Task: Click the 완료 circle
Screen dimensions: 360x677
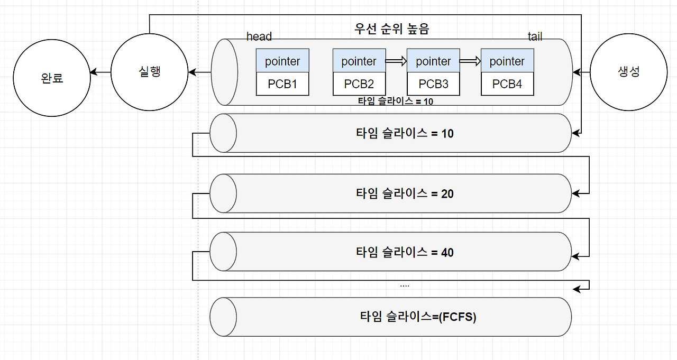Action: tap(52, 78)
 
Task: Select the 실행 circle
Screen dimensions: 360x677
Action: tap(149, 72)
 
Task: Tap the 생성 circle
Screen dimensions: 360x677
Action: tap(628, 72)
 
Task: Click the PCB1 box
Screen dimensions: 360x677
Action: tap(282, 84)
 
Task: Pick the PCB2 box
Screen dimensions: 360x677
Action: tap(359, 84)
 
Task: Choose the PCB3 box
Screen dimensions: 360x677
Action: tap(433, 84)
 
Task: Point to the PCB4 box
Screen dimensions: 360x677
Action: tap(507, 84)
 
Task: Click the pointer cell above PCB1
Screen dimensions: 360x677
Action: tap(282, 61)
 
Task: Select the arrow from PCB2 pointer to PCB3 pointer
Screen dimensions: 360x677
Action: tap(396, 61)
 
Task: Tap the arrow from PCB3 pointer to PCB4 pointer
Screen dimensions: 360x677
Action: tap(470, 61)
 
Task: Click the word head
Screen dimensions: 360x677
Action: tap(259, 36)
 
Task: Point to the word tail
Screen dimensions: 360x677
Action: tap(535, 36)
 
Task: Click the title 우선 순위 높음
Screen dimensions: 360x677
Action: tap(391, 29)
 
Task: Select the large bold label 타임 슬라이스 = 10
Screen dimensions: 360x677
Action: tap(405, 134)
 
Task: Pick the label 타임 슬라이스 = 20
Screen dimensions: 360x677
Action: tap(405, 193)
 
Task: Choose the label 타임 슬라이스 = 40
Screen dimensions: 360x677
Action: tap(405, 252)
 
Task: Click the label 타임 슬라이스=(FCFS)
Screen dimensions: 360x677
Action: tap(418, 317)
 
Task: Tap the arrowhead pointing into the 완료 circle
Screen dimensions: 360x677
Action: tap(94, 72)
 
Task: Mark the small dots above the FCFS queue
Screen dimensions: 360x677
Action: tap(405, 285)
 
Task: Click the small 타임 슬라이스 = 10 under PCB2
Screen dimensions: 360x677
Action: tap(395, 101)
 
